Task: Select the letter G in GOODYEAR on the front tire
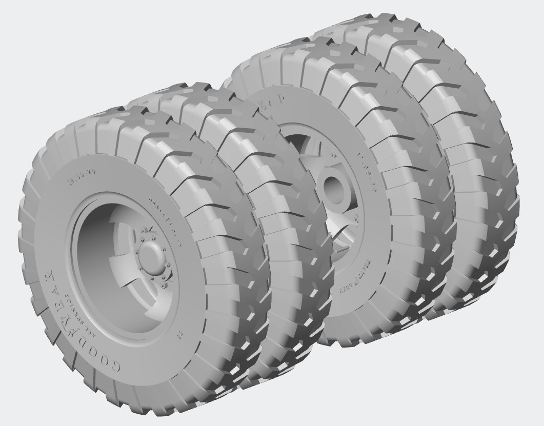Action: [x=116, y=366]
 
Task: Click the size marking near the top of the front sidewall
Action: [x=76, y=181]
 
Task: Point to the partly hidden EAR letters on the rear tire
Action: [x=274, y=105]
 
